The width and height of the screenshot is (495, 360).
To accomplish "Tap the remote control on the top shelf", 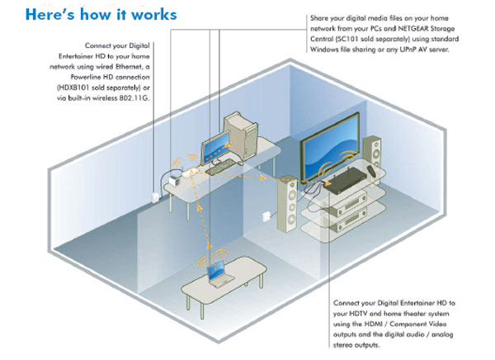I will (x=313, y=188).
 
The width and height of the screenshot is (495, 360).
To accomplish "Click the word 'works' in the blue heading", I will (x=152, y=15).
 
